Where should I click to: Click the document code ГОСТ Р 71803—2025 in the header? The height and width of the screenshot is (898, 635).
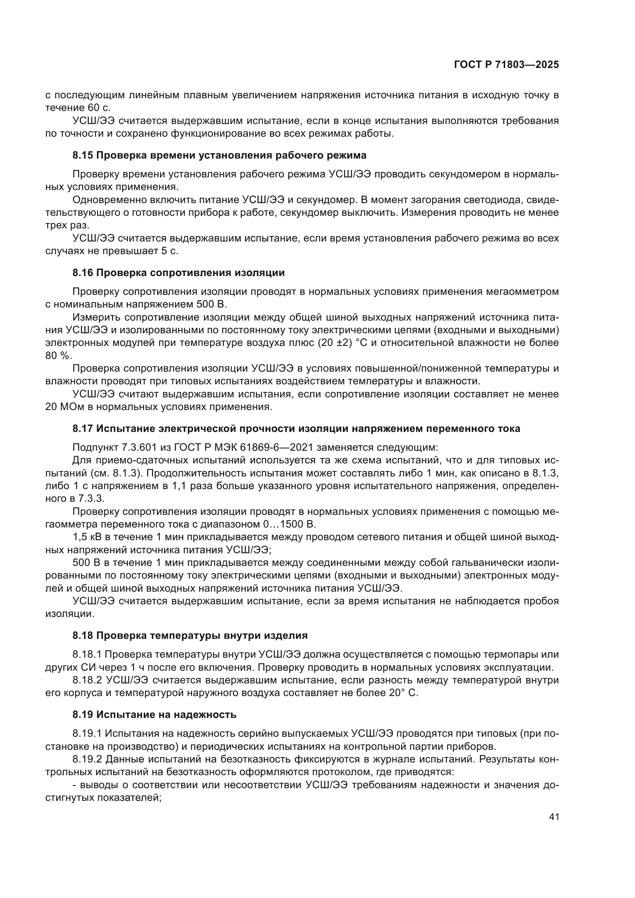pos(506,65)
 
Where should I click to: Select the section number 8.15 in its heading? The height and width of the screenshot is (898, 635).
pos(83,155)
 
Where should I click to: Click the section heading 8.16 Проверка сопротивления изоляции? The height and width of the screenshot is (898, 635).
pos(178,273)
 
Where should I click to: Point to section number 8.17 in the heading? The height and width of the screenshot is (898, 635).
pos(83,429)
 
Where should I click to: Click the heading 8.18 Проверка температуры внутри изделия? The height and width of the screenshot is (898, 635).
pos(190,635)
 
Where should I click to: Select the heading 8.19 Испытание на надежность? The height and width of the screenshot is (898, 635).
pos(154,714)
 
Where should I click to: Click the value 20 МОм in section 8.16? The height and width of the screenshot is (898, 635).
pos(64,407)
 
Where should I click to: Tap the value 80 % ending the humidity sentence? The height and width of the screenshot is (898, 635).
pos(58,356)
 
